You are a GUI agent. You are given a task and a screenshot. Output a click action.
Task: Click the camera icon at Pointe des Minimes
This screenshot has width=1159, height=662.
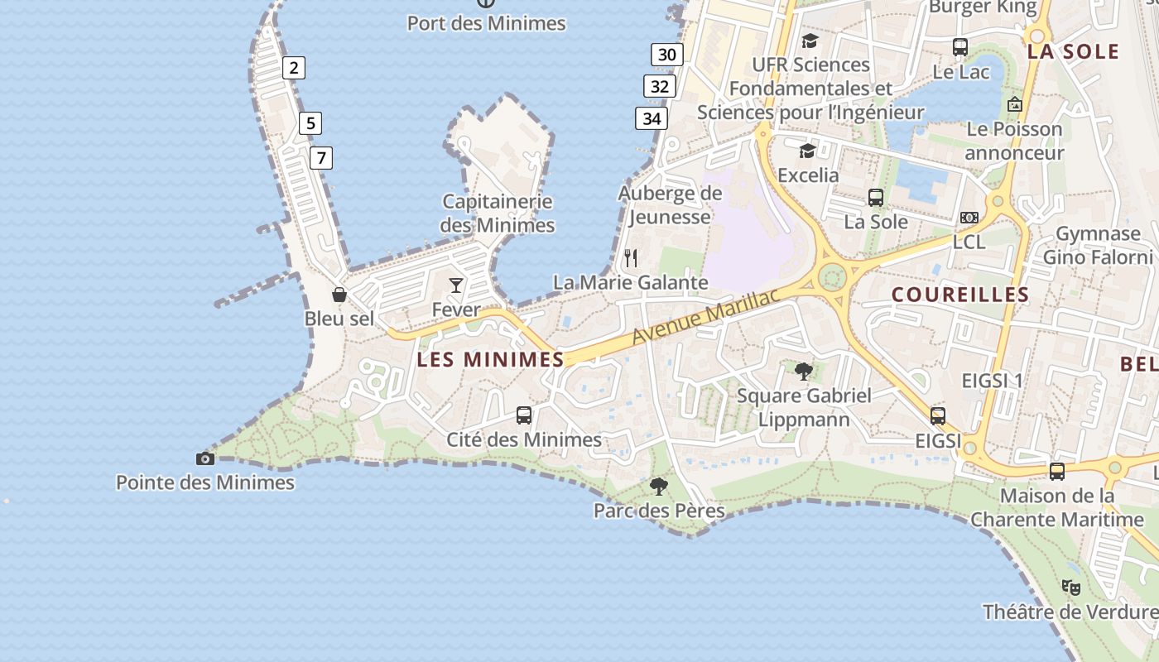[204, 458]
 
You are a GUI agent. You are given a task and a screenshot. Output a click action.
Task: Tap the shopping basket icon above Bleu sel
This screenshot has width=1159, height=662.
[339, 294]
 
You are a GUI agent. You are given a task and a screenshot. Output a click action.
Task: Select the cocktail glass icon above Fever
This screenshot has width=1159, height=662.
[456, 285]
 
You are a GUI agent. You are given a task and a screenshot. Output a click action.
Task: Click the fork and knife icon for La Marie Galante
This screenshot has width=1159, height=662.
[631, 258]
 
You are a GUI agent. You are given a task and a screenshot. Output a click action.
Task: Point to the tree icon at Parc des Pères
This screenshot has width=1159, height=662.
[659, 486]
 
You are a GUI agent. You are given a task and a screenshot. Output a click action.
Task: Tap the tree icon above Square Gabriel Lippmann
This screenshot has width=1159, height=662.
[803, 371]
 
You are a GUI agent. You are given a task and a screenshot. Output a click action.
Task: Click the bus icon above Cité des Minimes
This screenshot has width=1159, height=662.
[524, 415]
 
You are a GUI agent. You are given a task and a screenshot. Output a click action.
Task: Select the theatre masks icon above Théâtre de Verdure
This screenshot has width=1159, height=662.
[1071, 588]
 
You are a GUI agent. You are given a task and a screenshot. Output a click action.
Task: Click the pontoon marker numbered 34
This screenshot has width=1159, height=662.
[652, 118]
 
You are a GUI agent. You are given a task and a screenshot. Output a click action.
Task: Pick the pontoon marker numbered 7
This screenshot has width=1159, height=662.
[320, 157]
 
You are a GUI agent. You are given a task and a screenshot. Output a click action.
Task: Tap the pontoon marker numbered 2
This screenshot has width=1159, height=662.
[293, 68]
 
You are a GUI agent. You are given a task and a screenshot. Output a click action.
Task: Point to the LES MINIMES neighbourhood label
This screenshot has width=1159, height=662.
[490, 359]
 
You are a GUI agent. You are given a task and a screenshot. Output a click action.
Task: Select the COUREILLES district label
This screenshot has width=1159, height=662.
[960, 295]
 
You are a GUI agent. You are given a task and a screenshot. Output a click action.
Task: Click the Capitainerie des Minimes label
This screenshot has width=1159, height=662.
[498, 213]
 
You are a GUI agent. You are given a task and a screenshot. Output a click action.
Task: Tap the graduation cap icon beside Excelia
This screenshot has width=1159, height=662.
[807, 151]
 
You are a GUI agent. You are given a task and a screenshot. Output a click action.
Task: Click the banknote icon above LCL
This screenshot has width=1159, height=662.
[969, 218]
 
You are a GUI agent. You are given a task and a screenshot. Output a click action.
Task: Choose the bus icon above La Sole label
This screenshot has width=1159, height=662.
[876, 198]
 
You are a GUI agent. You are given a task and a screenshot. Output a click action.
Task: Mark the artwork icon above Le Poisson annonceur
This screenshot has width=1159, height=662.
[1015, 104]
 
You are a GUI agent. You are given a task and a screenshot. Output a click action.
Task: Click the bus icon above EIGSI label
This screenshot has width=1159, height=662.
[938, 415]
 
